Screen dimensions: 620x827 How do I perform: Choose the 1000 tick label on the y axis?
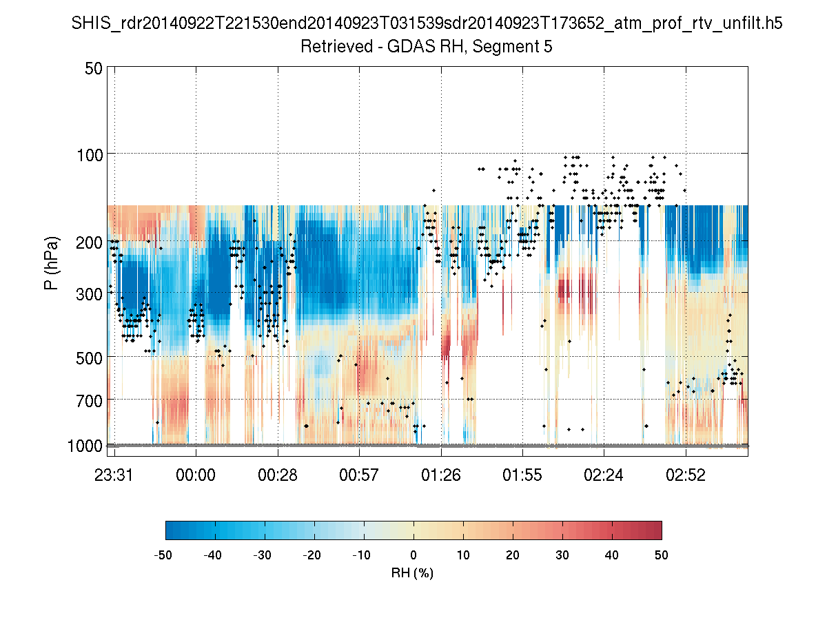coord(85,446)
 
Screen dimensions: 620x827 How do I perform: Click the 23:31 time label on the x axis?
coord(114,475)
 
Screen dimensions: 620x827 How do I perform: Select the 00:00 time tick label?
coord(196,475)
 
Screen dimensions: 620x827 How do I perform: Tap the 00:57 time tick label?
coord(359,475)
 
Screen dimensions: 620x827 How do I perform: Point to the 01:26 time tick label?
coord(441,475)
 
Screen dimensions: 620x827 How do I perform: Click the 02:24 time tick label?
coord(604,475)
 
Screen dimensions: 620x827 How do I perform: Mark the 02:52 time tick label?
coord(686,475)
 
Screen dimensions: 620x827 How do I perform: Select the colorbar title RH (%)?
coord(413,573)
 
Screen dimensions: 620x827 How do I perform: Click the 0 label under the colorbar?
coord(413,555)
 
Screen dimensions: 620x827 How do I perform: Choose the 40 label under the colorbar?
coord(612,555)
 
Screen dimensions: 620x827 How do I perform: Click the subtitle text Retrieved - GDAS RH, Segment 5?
coord(427,47)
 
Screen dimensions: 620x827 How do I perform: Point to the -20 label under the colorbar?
coord(314,555)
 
